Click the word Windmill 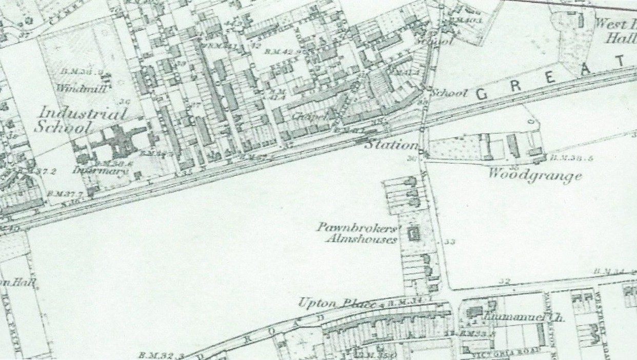point(82,88)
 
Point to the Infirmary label point(100,171)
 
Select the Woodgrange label point(534,175)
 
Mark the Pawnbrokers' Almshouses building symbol point(412,235)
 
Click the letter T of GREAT point(621,62)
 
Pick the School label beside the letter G point(448,93)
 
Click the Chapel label point(310,116)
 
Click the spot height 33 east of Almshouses point(450,242)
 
